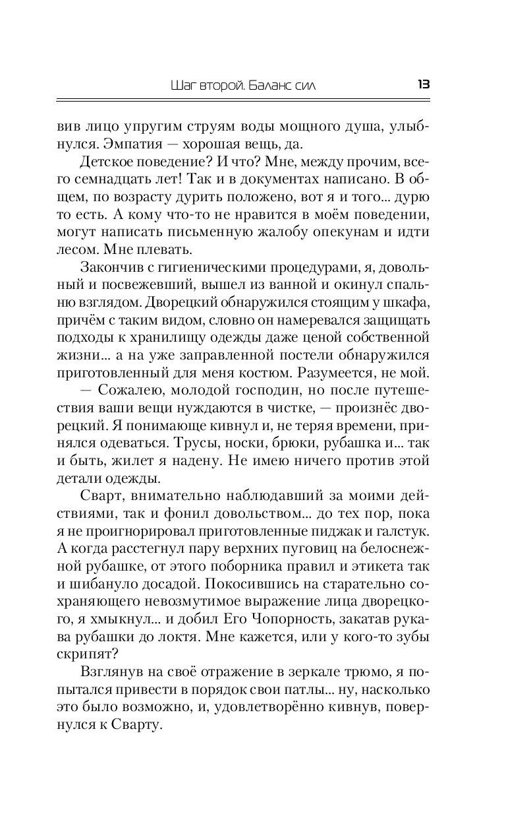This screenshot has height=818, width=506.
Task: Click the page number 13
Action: pos(424,84)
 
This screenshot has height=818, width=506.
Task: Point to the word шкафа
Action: pos(407,300)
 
